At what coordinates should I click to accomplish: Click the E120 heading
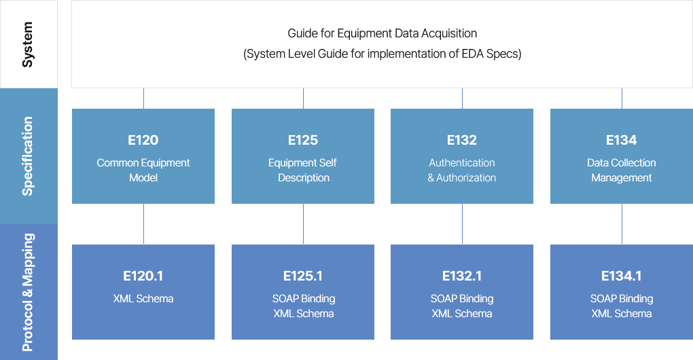[x=143, y=141]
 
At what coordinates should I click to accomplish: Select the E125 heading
[x=303, y=141]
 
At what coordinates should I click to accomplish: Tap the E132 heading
[x=462, y=141]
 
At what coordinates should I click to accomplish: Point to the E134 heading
[x=622, y=141]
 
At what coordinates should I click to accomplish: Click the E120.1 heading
[x=143, y=276]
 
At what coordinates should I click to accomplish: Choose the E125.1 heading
[x=303, y=276]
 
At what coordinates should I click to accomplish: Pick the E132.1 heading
[x=462, y=276]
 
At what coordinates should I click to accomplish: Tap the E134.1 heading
[x=622, y=276]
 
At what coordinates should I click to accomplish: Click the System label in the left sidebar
[x=28, y=45]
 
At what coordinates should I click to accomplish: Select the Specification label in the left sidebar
[x=28, y=156]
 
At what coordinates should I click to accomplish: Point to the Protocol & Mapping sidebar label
[x=28, y=292]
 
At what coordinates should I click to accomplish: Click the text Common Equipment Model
[x=143, y=170]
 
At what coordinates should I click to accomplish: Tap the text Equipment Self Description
[x=303, y=170]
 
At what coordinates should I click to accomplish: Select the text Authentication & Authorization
[x=462, y=170]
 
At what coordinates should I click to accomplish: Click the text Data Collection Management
[x=622, y=170]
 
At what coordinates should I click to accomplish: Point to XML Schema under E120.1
[x=143, y=299]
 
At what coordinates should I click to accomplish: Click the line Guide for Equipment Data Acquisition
[x=383, y=33]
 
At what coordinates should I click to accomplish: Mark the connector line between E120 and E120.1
[x=143, y=224]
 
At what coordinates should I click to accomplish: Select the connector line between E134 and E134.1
[x=622, y=224]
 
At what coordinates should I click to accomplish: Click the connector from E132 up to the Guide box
[x=462, y=98]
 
